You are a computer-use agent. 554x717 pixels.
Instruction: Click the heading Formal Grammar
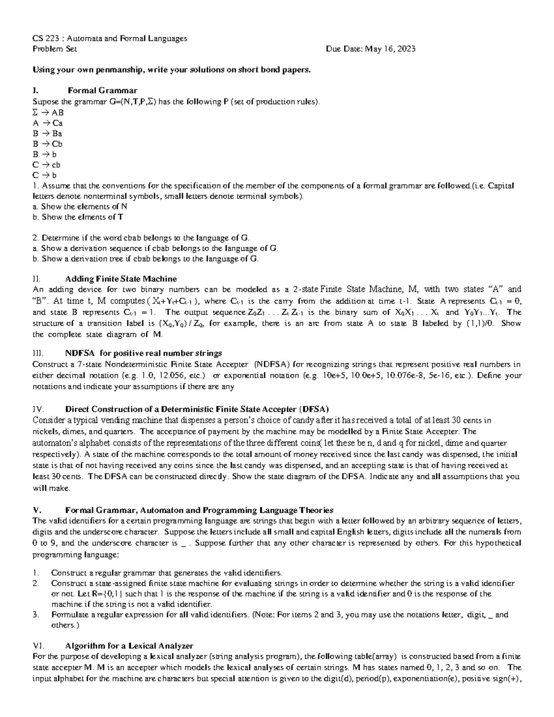[x=102, y=90]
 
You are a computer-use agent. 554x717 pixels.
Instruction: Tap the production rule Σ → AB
[x=48, y=112]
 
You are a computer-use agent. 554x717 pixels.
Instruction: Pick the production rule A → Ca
[x=48, y=123]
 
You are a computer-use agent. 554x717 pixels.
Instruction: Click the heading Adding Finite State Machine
[x=121, y=279]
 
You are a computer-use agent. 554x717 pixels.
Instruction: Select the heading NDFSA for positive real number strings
[x=144, y=353]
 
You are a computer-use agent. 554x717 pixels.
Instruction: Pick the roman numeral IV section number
[x=37, y=409]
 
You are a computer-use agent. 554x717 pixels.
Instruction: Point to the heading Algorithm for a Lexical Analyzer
[x=129, y=646]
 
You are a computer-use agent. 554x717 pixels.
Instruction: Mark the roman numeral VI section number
[x=37, y=646]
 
